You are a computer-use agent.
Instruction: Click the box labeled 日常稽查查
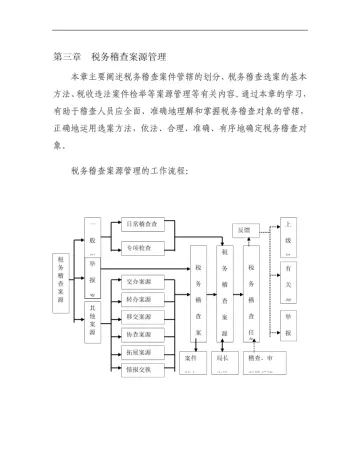(x=145, y=224)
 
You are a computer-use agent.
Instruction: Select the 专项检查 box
(x=145, y=247)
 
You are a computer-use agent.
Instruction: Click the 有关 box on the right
(x=289, y=277)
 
